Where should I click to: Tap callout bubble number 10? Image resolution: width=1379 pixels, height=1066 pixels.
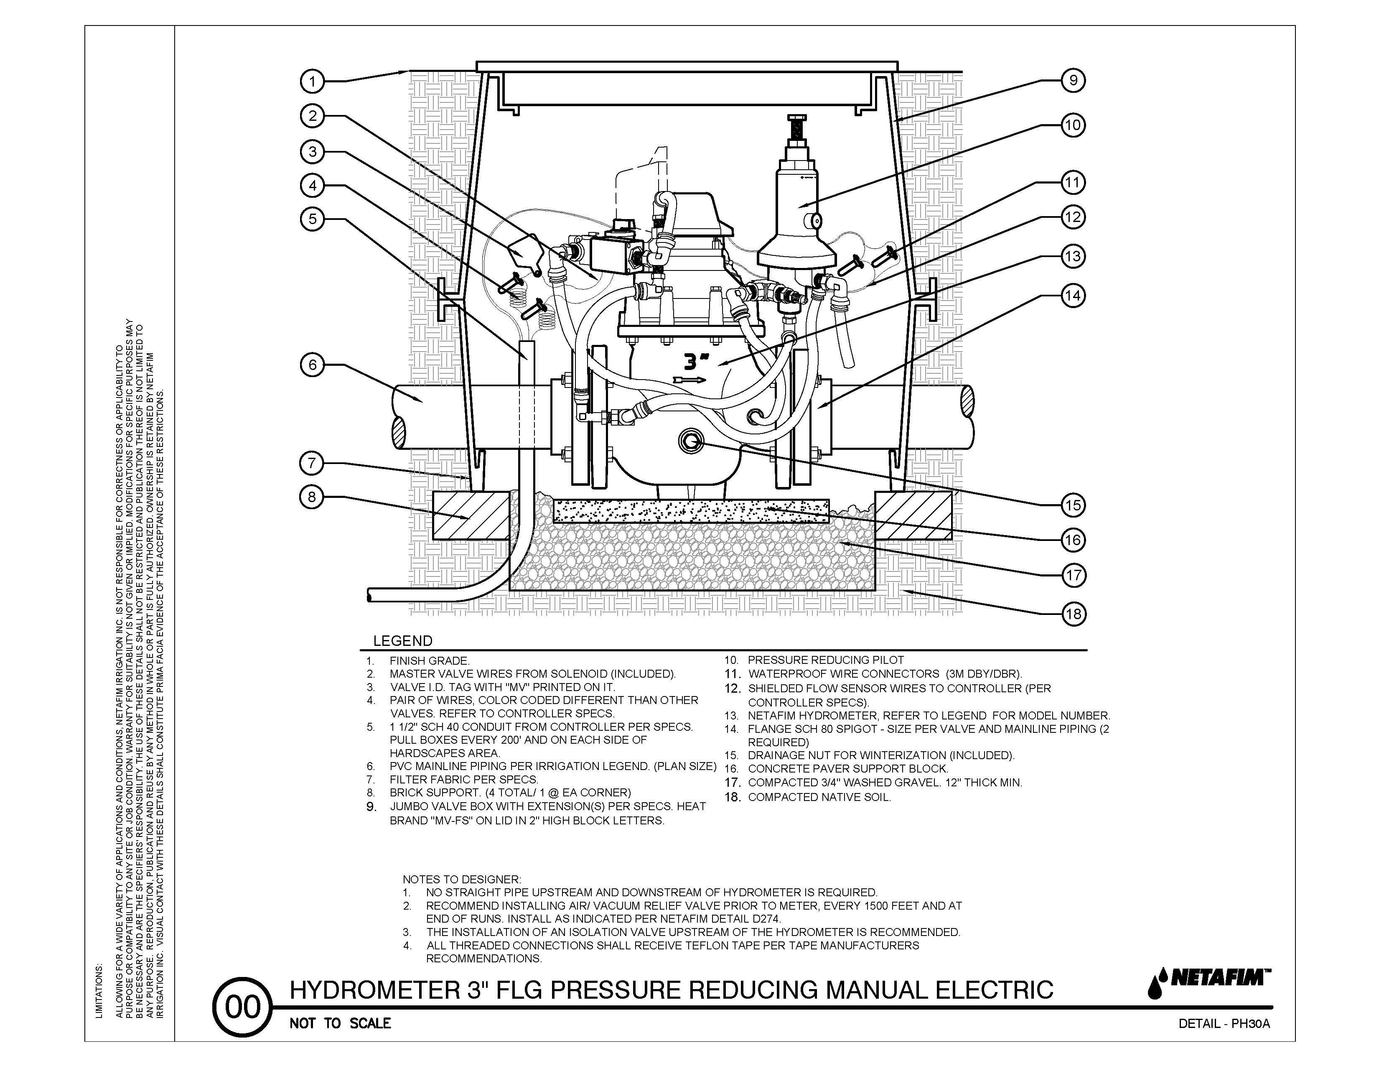coord(1073,125)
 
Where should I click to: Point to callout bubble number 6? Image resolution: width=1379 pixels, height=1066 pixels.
coord(312,365)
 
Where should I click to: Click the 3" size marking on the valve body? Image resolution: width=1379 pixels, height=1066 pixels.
coord(697,361)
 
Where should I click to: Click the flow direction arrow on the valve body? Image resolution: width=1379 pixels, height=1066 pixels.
coord(689,380)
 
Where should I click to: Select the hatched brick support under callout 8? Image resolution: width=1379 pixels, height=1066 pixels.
coord(471,515)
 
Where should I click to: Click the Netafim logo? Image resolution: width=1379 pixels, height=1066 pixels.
coord(1209,990)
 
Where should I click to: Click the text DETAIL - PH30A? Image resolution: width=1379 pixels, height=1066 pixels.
coord(1224,1024)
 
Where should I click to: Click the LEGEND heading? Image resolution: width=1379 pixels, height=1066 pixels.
coord(403,641)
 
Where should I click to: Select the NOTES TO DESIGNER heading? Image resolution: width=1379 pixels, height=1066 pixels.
coord(462,879)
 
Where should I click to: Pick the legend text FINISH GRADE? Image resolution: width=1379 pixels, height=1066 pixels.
coord(429,661)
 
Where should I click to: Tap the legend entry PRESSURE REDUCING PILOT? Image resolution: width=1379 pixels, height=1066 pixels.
coord(826,660)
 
